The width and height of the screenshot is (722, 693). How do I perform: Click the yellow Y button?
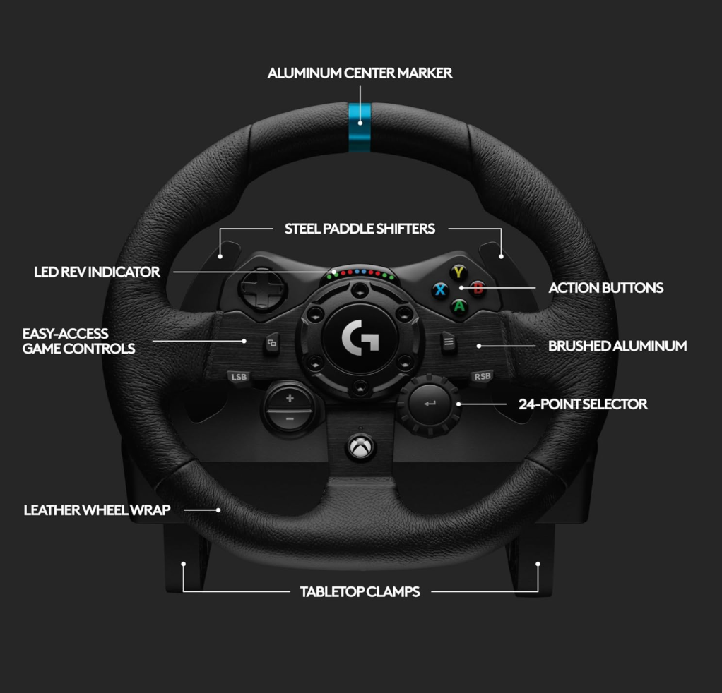pyautogui.click(x=458, y=272)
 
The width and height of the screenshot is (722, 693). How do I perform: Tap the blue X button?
pyautogui.click(x=440, y=289)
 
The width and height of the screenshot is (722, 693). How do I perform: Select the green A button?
pyautogui.click(x=459, y=306)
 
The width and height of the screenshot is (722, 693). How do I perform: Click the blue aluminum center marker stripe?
pyautogui.click(x=360, y=128)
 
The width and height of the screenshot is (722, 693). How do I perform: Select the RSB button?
pyautogui.click(x=482, y=376)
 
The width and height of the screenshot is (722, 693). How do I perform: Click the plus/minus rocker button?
pyautogui.click(x=290, y=408)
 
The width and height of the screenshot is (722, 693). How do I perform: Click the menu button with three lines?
pyautogui.click(x=447, y=343)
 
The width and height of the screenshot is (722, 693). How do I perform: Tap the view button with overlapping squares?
pyautogui.click(x=272, y=344)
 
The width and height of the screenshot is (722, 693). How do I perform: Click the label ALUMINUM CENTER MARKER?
pyautogui.click(x=360, y=73)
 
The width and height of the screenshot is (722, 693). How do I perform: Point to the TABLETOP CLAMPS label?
pyautogui.click(x=360, y=591)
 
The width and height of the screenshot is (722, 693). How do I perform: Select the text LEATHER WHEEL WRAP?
pyautogui.click(x=97, y=510)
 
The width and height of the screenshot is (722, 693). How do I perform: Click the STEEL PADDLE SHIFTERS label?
pyautogui.click(x=360, y=229)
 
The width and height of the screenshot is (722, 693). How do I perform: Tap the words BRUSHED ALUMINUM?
pyautogui.click(x=617, y=346)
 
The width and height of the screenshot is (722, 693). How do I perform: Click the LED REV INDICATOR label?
pyautogui.click(x=97, y=272)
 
